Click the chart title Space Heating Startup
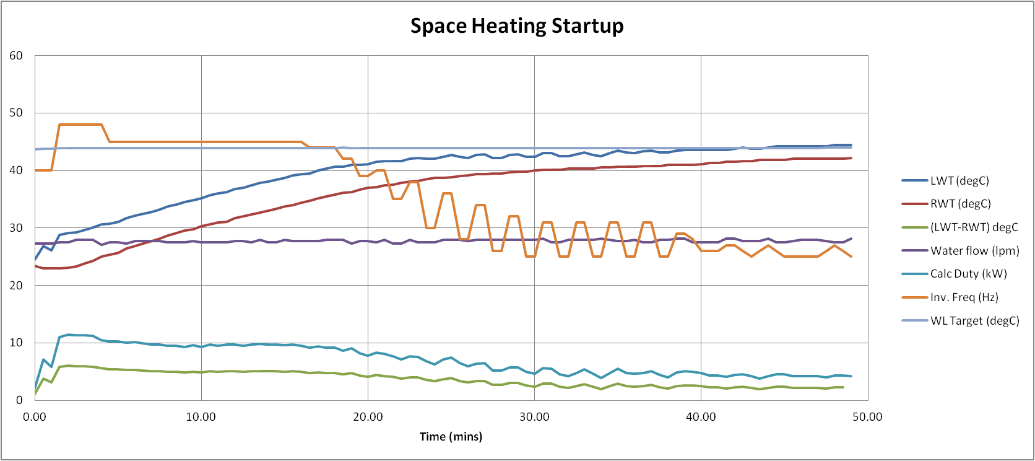(x=517, y=26)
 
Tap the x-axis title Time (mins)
(x=451, y=436)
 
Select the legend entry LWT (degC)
(x=959, y=181)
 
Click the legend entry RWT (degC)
(x=960, y=204)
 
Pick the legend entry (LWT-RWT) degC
(x=974, y=227)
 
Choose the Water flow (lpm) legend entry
(x=974, y=250)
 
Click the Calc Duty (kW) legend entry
(x=968, y=274)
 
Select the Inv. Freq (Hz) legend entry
(x=964, y=297)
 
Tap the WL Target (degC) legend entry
(x=974, y=320)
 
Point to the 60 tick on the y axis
(x=16, y=56)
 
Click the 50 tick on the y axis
(x=16, y=113)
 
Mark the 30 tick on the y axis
(x=16, y=228)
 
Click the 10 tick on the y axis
(x=16, y=343)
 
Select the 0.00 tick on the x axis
(x=35, y=416)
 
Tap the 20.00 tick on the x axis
(x=368, y=416)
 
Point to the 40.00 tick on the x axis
(x=701, y=416)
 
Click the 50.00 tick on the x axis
(x=867, y=416)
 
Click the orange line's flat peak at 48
(x=80, y=125)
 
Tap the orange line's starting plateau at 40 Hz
(x=43, y=170)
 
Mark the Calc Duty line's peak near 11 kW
(x=69, y=335)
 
